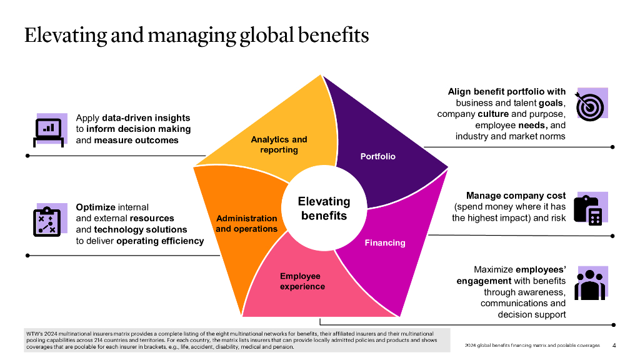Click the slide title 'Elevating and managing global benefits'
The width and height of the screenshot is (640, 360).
point(196,35)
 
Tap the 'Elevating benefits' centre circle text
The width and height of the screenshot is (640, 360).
point(324,208)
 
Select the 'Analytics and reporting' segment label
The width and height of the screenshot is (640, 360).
point(279,144)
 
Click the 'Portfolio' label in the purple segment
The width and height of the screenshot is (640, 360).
point(378,156)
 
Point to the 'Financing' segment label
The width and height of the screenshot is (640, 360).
point(385,242)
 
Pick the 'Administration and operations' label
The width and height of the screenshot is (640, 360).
point(246,223)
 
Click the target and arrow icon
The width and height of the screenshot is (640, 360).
point(590,104)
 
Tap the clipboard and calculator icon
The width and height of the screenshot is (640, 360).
point(590,209)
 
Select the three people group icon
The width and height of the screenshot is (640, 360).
point(589,284)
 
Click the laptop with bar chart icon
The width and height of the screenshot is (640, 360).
point(49,129)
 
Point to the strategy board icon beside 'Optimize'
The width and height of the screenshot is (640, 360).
point(48,221)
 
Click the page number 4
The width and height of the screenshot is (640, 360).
point(614,345)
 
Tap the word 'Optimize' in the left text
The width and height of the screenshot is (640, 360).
point(95,207)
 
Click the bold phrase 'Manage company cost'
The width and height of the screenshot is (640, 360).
point(516,196)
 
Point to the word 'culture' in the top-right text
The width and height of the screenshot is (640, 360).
point(493,114)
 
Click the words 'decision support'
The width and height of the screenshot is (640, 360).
point(531,314)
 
